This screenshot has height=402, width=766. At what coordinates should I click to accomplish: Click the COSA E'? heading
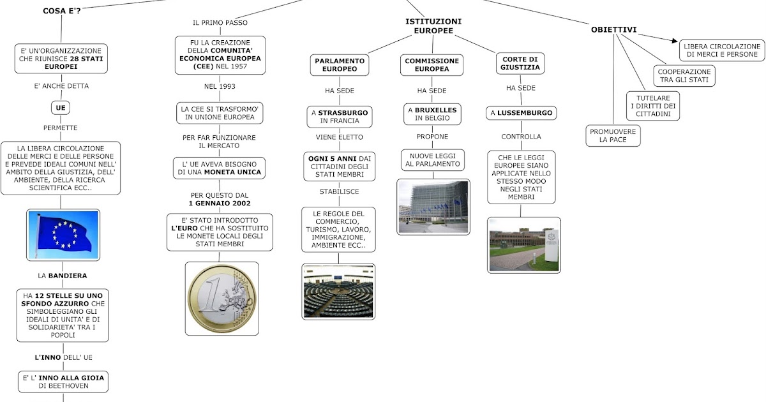tap(62, 11)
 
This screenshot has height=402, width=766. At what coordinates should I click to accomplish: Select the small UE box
tap(61, 108)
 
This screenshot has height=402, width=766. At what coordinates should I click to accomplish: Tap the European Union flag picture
tap(63, 235)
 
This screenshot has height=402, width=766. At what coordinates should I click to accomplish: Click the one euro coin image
tap(222, 299)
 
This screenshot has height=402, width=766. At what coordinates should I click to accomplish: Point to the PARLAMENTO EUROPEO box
tap(340, 65)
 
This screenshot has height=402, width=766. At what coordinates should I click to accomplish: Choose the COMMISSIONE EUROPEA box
tap(432, 65)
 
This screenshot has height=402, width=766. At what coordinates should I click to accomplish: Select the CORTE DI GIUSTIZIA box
tap(520, 64)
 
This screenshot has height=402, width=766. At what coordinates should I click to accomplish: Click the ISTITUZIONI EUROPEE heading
tap(433, 26)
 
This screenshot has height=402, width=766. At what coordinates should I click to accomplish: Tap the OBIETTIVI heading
tap(614, 30)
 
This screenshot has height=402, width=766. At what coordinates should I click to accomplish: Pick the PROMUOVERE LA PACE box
tap(613, 136)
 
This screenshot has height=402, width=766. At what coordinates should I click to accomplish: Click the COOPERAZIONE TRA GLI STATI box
tap(684, 76)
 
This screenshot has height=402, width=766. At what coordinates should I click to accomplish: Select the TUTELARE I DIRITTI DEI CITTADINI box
tap(653, 106)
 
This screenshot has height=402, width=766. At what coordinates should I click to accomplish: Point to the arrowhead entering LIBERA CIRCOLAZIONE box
tap(675, 41)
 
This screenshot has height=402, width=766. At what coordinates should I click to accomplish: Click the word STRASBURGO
tap(343, 113)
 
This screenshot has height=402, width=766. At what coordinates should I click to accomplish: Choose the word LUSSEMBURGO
tap(525, 113)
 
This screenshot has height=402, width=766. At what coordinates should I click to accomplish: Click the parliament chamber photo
tap(338, 292)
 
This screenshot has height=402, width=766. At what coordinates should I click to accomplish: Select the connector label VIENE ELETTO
tap(339, 137)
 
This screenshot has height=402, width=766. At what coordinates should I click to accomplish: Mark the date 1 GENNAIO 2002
tap(220, 204)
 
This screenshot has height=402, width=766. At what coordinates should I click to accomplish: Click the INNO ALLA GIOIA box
tap(63, 382)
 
